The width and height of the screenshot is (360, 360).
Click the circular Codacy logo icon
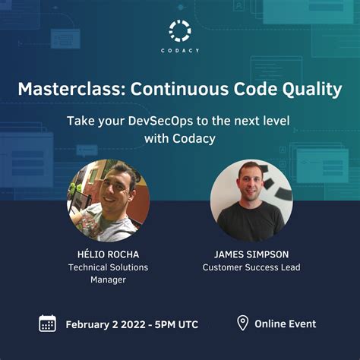[180, 30]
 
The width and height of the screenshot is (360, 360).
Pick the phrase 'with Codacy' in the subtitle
[180, 138]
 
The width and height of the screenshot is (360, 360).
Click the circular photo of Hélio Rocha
[108, 201]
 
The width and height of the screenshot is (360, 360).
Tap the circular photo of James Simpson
[251, 201]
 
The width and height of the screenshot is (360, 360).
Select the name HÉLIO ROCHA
[108, 254]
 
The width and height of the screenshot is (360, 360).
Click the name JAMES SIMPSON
[251, 254]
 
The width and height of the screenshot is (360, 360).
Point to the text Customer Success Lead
[251, 267]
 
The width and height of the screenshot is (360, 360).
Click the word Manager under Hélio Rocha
[108, 279]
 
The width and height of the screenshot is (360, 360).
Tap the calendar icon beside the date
[48, 324]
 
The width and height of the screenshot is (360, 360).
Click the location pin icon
[242, 323]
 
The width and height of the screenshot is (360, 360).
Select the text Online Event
[286, 324]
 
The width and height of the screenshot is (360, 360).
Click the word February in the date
[90, 324]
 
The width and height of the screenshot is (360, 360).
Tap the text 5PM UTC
[180, 324]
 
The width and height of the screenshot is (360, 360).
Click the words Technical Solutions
[108, 267]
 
